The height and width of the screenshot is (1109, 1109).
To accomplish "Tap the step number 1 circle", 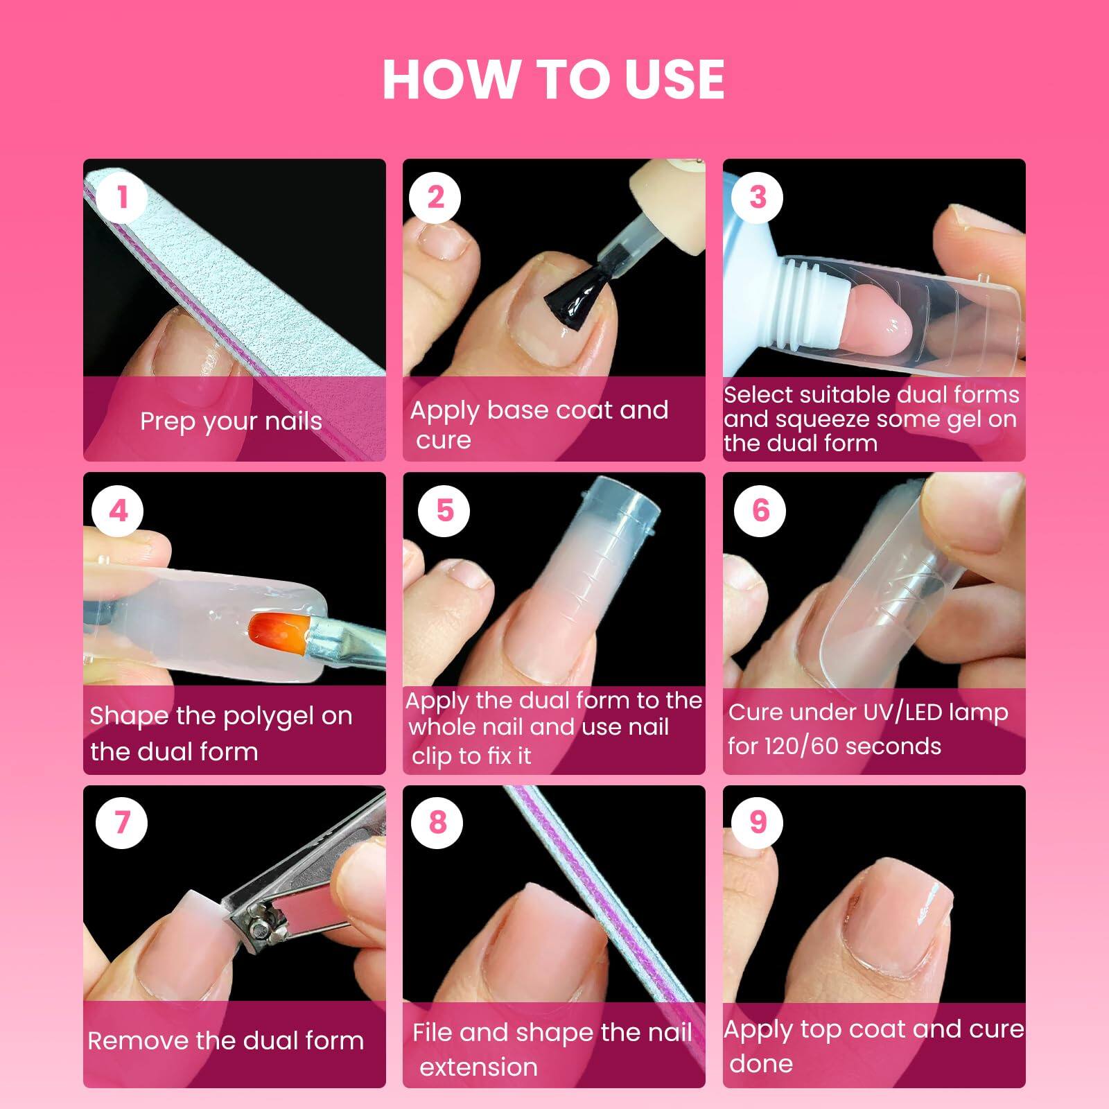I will [x=122, y=197].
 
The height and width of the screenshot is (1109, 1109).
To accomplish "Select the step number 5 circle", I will [x=444, y=511].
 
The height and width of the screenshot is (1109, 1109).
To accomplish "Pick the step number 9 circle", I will [x=758, y=822].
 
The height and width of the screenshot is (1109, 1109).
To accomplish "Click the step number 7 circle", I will [x=122, y=822].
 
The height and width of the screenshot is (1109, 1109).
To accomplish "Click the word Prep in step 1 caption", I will [x=166, y=421].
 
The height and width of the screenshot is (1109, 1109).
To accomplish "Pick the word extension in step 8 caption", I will [x=478, y=1067].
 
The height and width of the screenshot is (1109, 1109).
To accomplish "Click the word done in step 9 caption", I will [x=760, y=1063].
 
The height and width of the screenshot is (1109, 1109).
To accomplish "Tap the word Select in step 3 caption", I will [x=757, y=394].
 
